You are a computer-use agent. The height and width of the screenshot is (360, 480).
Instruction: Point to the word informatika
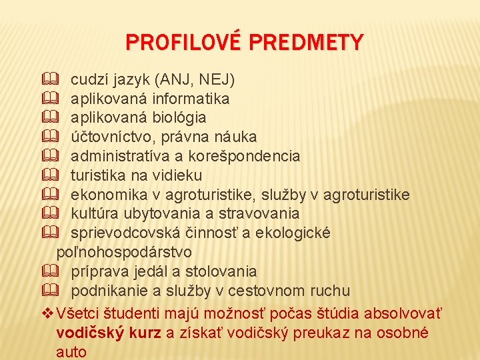(191, 99)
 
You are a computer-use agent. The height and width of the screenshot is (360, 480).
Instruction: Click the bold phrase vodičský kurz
(108, 333)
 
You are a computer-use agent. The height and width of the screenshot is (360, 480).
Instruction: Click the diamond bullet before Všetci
(46, 313)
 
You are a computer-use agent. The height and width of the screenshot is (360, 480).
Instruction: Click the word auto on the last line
(71, 351)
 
